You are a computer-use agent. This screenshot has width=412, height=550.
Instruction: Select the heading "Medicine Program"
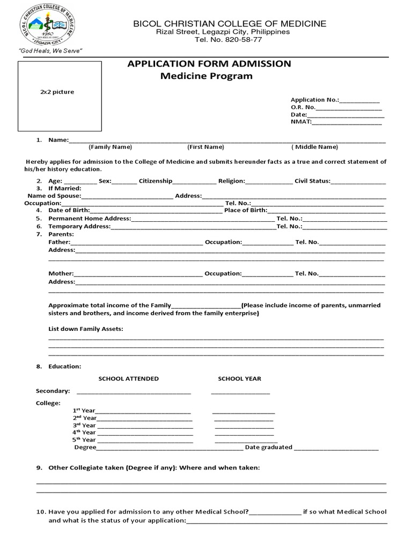(207, 76)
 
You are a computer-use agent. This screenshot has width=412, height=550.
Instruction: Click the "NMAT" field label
(301, 122)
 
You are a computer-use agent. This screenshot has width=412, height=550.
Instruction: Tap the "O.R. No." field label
(303, 107)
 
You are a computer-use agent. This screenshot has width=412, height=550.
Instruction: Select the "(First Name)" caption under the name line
(205, 147)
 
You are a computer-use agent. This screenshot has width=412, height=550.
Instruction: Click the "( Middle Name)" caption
(315, 147)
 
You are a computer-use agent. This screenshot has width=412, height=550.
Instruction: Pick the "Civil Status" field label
(312, 181)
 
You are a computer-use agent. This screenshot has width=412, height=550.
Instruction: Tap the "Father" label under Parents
(60, 242)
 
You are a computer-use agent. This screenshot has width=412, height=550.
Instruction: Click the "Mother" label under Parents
(61, 274)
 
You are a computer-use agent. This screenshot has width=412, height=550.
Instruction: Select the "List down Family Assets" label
(86, 329)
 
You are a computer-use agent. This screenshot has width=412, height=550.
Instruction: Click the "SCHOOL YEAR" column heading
(239, 379)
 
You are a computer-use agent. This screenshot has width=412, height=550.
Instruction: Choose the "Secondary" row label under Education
(53, 391)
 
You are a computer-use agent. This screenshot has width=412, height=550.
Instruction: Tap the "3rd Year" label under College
(84, 425)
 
